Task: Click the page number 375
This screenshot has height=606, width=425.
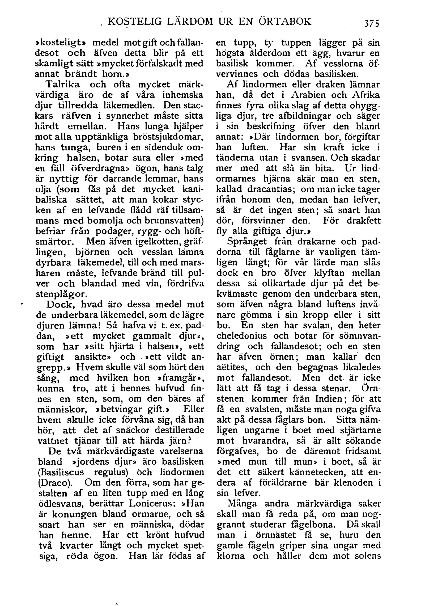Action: coord(371,22)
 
